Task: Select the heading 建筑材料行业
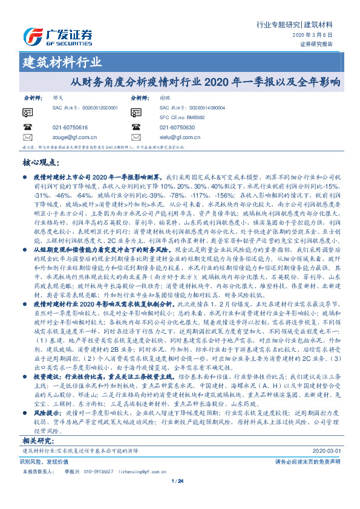point(62,62)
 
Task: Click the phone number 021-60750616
point(70,128)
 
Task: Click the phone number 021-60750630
point(177,128)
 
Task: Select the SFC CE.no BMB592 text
point(182,117)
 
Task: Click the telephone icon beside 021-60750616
point(28,128)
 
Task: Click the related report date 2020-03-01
point(326,451)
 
